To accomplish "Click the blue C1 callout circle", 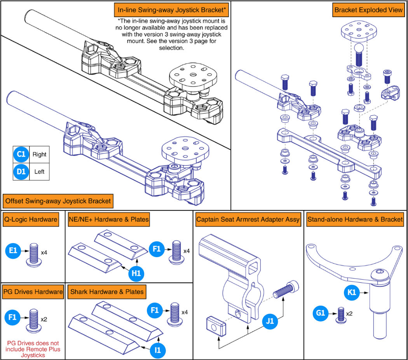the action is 21,154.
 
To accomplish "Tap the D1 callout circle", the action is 21,172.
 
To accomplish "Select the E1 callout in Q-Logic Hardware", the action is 13,250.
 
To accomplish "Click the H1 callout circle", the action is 136,273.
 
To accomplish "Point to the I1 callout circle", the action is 158,350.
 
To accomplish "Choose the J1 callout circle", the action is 270,321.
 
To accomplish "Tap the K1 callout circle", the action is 352,292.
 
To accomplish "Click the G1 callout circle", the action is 320,313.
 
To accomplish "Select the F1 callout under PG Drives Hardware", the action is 12,317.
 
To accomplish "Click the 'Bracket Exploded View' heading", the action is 368,10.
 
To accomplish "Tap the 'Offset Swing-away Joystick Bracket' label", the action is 58,201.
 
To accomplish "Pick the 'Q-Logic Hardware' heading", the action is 31,219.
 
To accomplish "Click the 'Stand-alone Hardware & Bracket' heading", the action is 355,219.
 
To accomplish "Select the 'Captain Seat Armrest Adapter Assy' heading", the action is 248,219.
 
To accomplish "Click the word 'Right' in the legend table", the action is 39,155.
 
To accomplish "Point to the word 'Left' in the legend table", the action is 39,172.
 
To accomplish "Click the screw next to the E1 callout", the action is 34,255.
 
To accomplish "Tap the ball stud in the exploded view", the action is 359,55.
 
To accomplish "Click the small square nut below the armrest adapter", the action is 216,326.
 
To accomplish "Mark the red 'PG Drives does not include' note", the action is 33,349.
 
